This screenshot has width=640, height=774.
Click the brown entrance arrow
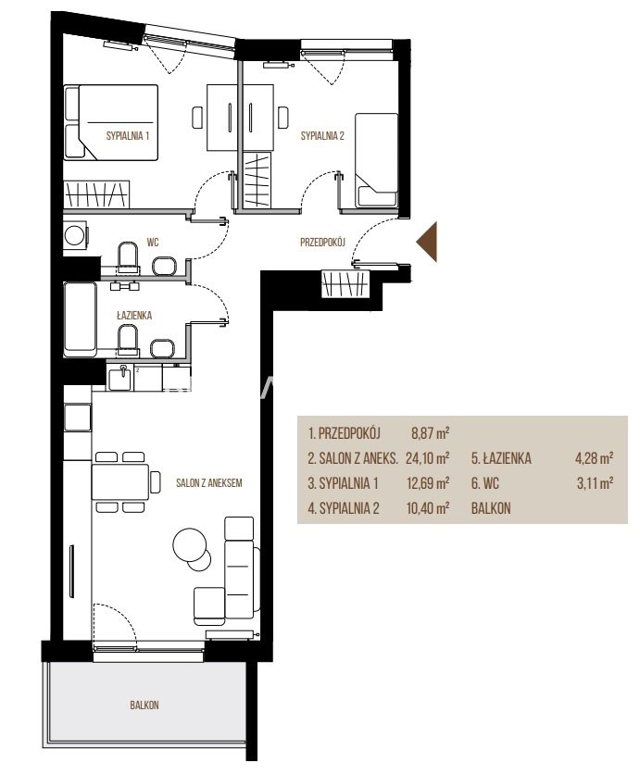pyautogui.click(x=429, y=242)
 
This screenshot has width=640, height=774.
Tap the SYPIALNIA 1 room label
pyautogui.click(x=128, y=136)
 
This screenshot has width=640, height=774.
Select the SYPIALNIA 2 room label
pyautogui.click(x=322, y=136)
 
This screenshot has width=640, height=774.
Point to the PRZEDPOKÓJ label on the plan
pyautogui.click(x=322, y=242)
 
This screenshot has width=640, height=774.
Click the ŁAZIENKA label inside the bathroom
pyautogui.click(x=134, y=316)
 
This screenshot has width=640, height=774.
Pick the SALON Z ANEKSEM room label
pyautogui.click(x=209, y=482)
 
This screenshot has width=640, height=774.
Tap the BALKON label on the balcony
pyautogui.click(x=144, y=705)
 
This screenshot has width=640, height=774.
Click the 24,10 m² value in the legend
pyautogui.click(x=427, y=458)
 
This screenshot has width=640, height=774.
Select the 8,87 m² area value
pyautogui.click(x=430, y=433)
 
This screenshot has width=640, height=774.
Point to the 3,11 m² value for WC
pyautogui.click(x=595, y=482)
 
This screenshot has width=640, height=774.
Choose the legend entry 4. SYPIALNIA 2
pyautogui.click(x=344, y=508)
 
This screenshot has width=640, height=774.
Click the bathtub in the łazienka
pyautogui.click(x=80, y=318)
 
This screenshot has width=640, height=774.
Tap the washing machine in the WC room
pyautogui.click(x=76, y=235)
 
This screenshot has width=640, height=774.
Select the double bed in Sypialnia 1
pyautogui.click(x=110, y=122)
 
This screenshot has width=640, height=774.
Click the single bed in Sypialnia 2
pyautogui.click(x=376, y=160)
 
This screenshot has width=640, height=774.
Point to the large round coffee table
pyautogui.click(x=190, y=545)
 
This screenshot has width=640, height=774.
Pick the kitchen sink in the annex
pyautogui.click(x=119, y=378)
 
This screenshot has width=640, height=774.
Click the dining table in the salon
pyautogui.click(x=120, y=482)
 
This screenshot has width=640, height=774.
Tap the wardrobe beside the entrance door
pyautogui.click(x=345, y=284)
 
